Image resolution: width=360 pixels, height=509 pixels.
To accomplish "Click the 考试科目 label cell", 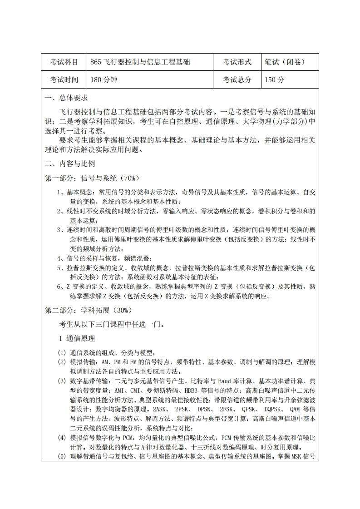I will click(x=64, y=62).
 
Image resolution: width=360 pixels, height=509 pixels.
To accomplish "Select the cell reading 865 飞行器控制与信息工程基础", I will click(x=140, y=62).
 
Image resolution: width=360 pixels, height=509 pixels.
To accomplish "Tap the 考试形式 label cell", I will click(x=237, y=62).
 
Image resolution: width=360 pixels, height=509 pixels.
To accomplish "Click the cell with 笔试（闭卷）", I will click(x=285, y=62).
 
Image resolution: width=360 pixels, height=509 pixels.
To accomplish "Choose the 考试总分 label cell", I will click(x=237, y=79).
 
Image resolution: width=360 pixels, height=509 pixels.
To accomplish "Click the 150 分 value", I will click(x=274, y=79).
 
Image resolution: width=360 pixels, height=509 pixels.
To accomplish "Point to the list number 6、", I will click(x=62, y=287).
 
